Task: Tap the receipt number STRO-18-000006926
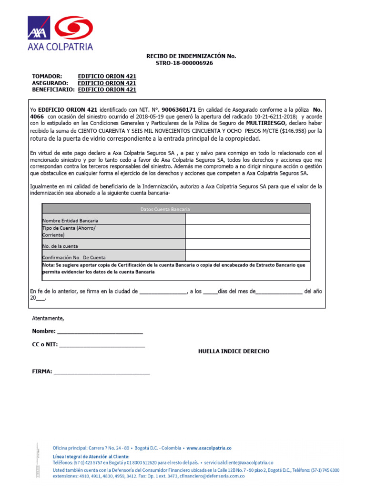pyautogui.click(x=184, y=63)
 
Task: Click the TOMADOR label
pyautogui.click(x=47, y=76)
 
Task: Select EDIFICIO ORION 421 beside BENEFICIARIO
pyautogui.click(x=107, y=89)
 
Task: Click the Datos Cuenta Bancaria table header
pyautogui.click(x=176, y=209)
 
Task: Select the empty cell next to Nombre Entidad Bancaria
pyautogui.click(x=247, y=219)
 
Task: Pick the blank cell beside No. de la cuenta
pyautogui.click(x=247, y=244)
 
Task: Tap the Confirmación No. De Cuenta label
pyautogui.click(x=74, y=257)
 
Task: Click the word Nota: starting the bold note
pyautogui.click(x=48, y=265)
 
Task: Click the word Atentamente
pyautogui.click(x=48, y=318)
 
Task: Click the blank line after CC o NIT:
pyautogui.click(x=102, y=345)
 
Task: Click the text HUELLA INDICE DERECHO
pyautogui.click(x=234, y=351)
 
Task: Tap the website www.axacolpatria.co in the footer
pyautogui.click(x=208, y=448)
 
